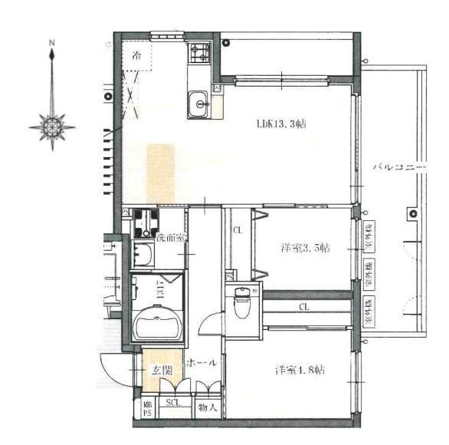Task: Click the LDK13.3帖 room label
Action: [281, 124]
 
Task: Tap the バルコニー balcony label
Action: [399, 166]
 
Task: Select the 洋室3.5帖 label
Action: [304, 248]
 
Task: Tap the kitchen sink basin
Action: [198, 103]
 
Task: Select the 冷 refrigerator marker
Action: [136, 55]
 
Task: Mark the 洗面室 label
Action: [170, 238]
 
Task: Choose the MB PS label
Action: [147, 408]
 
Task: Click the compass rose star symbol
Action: [52, 125]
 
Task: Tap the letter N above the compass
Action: [51, 43]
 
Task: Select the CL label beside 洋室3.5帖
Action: [238, 229]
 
